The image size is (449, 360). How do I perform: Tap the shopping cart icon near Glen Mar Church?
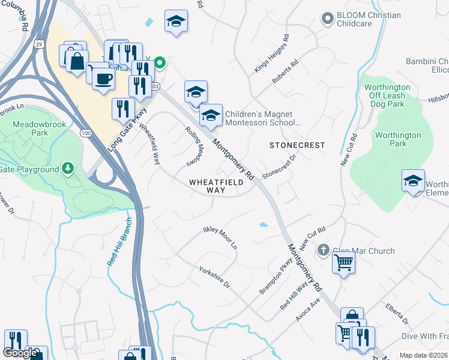pos(343,262)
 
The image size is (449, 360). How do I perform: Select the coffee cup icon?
pos(103,79)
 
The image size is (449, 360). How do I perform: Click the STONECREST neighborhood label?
pos(297,145)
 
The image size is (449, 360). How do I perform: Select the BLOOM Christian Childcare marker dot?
pos(327,20)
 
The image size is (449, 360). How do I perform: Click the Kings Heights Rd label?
pos(272,53)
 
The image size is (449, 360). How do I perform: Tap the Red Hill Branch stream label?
pos(119,248)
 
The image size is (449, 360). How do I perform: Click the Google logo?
pos(20,353)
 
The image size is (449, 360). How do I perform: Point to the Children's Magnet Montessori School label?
pos(261,118)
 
